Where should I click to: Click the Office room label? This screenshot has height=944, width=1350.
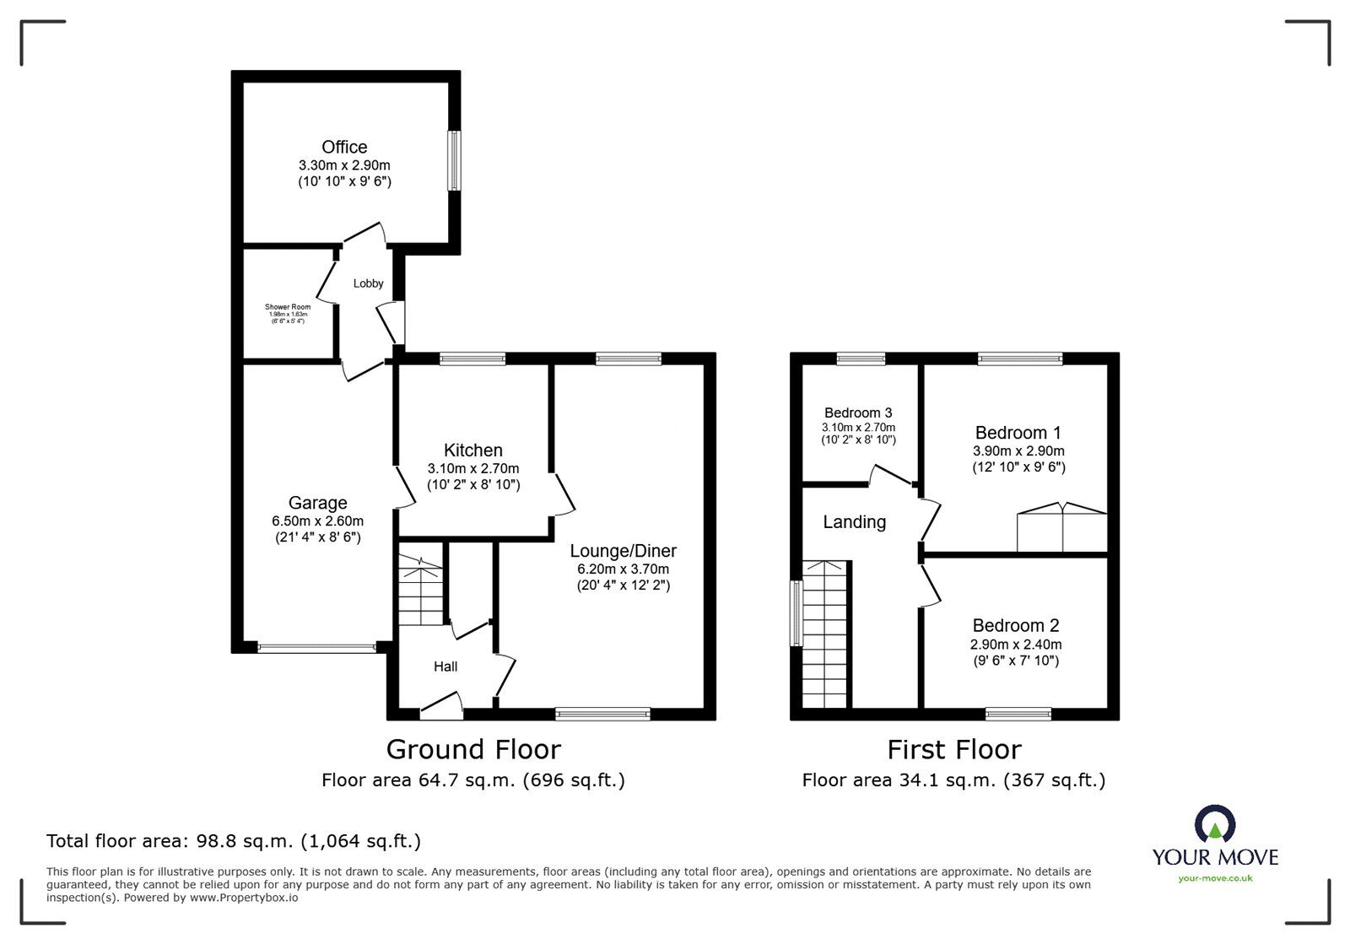point(344,148)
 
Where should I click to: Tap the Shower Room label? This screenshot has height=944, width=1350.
point(288,307)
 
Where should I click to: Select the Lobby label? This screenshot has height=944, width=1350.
point(368,283)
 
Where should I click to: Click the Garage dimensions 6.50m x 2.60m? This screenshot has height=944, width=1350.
point(317,521)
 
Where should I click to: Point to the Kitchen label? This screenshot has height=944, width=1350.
point(473,450)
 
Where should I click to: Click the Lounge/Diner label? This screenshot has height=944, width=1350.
point(623,551)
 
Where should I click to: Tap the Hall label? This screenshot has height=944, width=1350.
point(445,666)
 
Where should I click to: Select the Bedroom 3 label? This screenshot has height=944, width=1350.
point(858,413)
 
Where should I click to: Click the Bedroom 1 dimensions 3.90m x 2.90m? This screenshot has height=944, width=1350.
point(1018,451)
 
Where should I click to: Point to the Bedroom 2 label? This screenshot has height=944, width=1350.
point(1015,625)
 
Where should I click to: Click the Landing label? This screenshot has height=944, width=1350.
point(854,522)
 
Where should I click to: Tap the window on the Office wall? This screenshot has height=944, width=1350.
point(454,160)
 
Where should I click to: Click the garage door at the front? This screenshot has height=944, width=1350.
point(316,648)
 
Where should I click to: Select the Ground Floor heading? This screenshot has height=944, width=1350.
point(473,749)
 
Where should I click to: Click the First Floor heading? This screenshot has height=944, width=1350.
point(953,749)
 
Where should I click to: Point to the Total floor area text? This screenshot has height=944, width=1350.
point(234,841)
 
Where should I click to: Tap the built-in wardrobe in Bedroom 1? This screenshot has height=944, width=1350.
point(1061,529)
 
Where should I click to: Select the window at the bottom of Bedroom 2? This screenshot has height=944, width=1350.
point(1018,714)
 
